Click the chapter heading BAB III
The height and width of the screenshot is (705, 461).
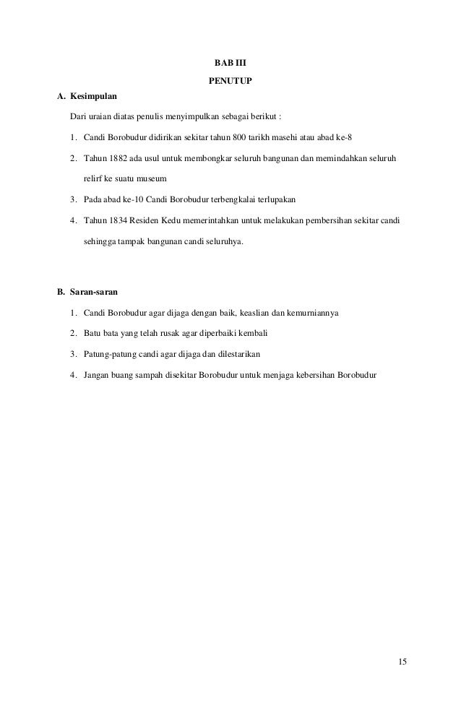click(231, 63)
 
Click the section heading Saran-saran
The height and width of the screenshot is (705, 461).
click(95, 293)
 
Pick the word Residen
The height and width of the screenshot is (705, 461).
click(145, 219)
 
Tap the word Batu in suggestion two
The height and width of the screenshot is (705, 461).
click(92, 334)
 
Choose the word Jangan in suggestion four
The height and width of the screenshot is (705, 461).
click(96, 375)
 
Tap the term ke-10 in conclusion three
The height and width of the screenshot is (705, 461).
click(131, 199)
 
